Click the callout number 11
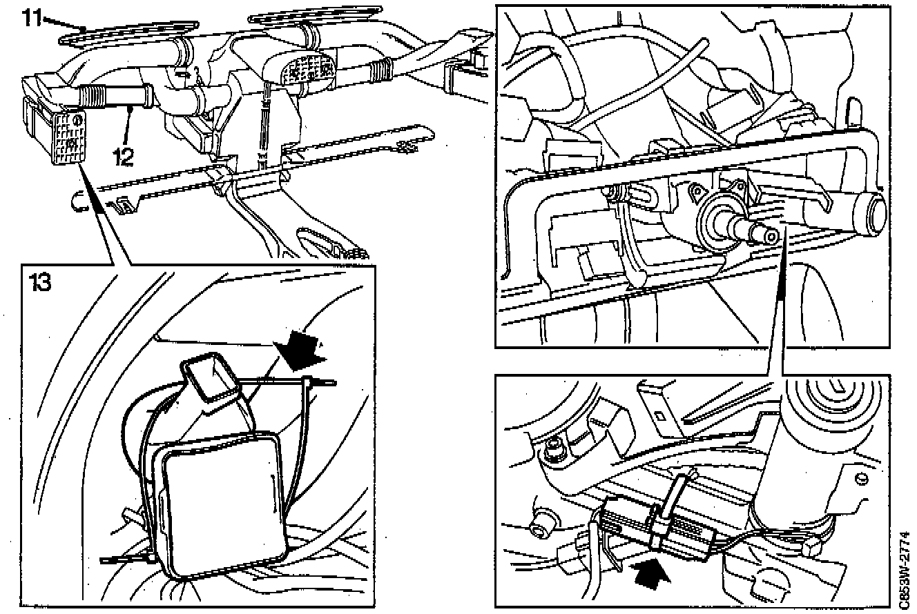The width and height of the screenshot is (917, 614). click(x=32, y=17)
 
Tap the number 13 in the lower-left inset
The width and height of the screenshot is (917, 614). click(x=41, y=282)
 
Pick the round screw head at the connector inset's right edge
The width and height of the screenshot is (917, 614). click(x=861, y=479)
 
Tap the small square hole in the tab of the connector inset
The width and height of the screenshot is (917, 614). click(x=661, y=416)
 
